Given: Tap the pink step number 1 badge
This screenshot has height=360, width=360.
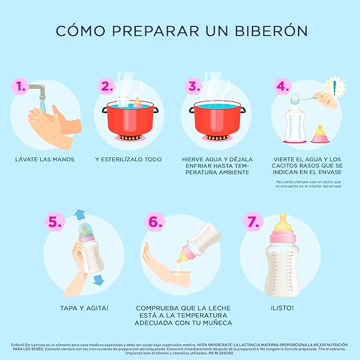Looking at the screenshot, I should click(x=24, y=87).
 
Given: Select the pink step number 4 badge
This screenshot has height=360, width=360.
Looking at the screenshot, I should click(x=282, y=87).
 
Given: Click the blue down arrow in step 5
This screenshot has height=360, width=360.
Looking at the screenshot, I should click(x=97, y=279).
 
